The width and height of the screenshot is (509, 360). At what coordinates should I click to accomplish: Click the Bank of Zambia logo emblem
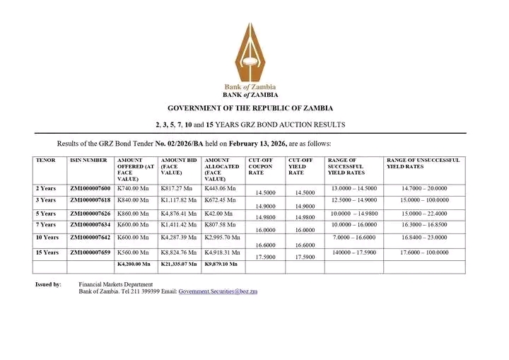pos(250,51)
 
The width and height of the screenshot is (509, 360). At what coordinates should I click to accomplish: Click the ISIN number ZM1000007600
pos(90,189)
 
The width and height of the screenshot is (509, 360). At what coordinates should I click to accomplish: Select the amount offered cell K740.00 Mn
pos(132,189)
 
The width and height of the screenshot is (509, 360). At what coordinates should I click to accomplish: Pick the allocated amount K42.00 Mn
pos(218,213)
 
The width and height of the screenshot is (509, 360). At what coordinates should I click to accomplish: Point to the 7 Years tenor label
pos(45,226)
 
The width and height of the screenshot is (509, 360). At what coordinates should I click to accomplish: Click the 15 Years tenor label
pos(47,252)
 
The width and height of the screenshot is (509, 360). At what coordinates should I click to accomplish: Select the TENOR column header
pos(45,161)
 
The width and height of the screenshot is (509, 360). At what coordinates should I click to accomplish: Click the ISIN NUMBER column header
pos(88,161)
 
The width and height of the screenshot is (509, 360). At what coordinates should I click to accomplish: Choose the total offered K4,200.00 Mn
pos(134,264)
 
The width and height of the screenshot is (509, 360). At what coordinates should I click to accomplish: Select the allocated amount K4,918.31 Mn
pos(222,252)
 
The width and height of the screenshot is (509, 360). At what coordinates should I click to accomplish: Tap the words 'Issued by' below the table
pos(48,284)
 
